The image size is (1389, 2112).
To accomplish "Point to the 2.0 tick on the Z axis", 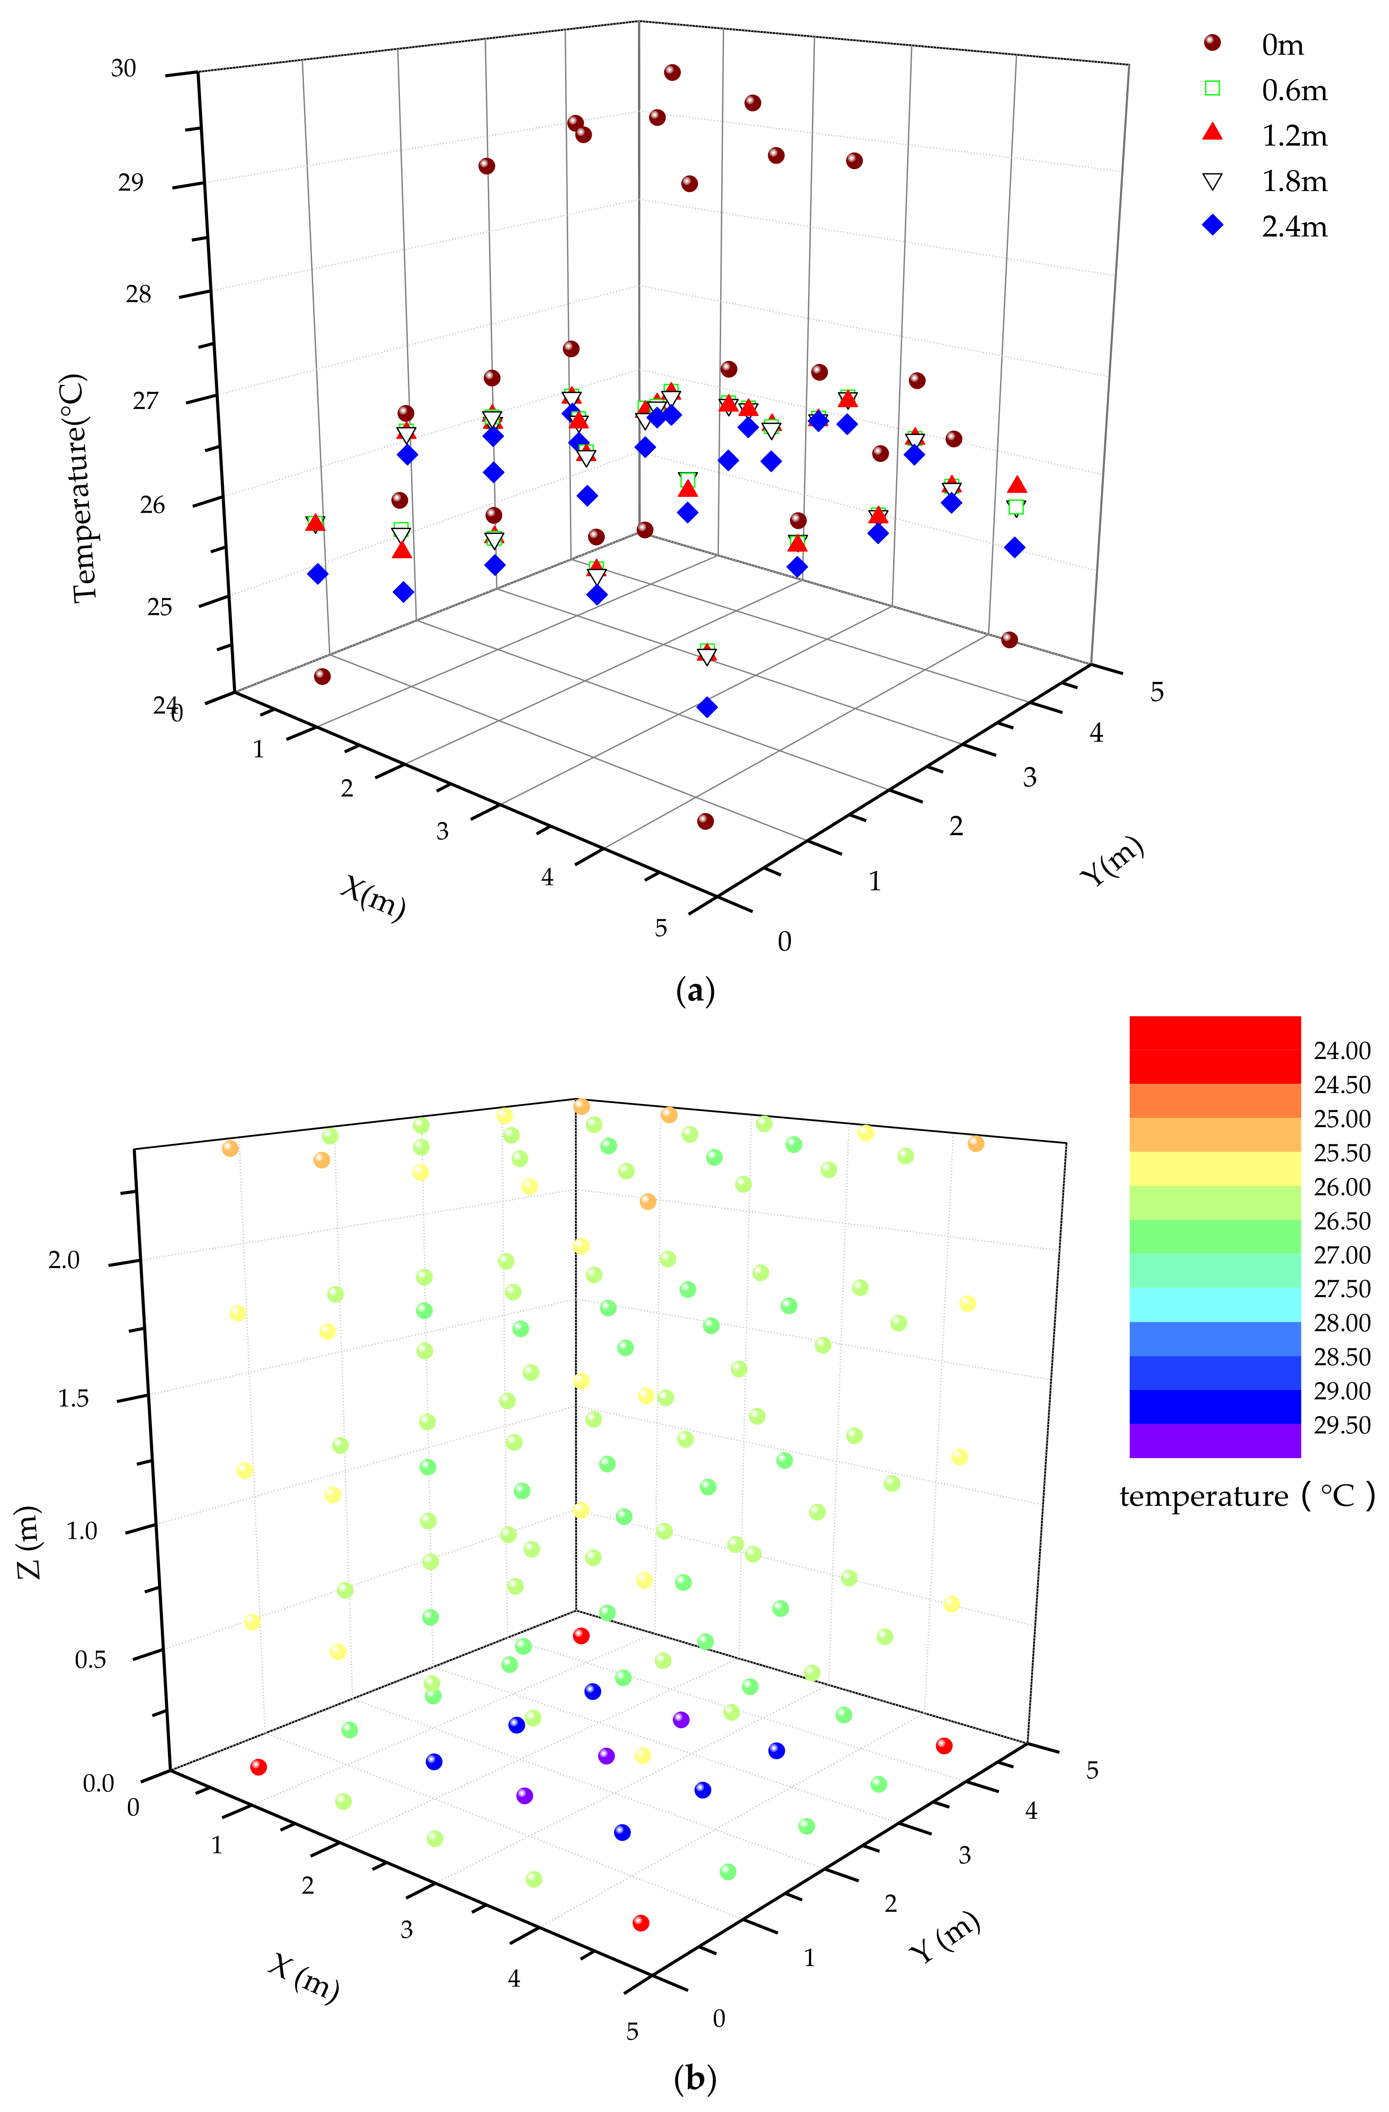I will click(x=64, y=1260).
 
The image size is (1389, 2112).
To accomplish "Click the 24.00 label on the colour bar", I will click(x=1341, y=1051).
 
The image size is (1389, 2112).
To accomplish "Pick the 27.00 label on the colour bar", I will click(x=1341, y=1255).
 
